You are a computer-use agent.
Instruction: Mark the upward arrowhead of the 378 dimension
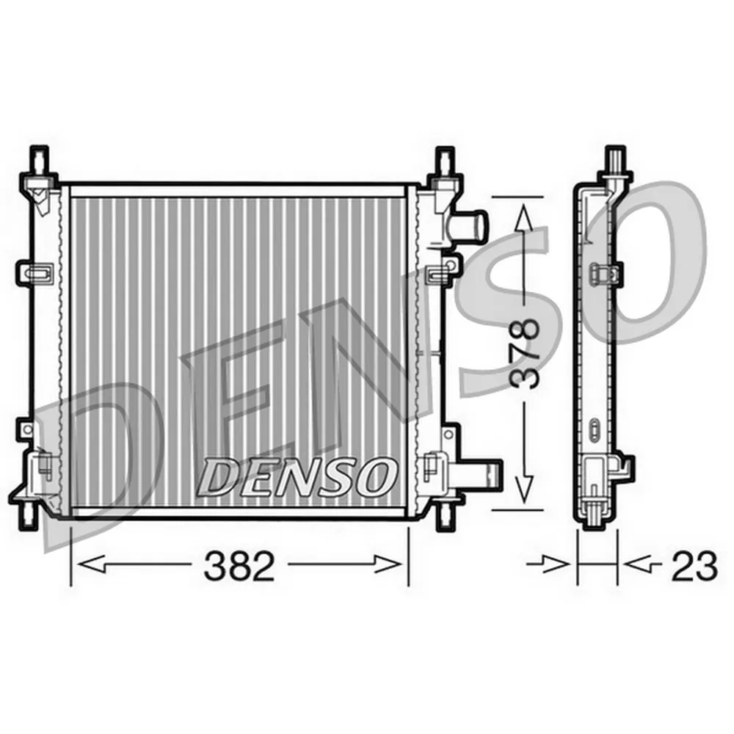(523, 217)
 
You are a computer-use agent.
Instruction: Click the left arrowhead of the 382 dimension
(89, 565)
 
